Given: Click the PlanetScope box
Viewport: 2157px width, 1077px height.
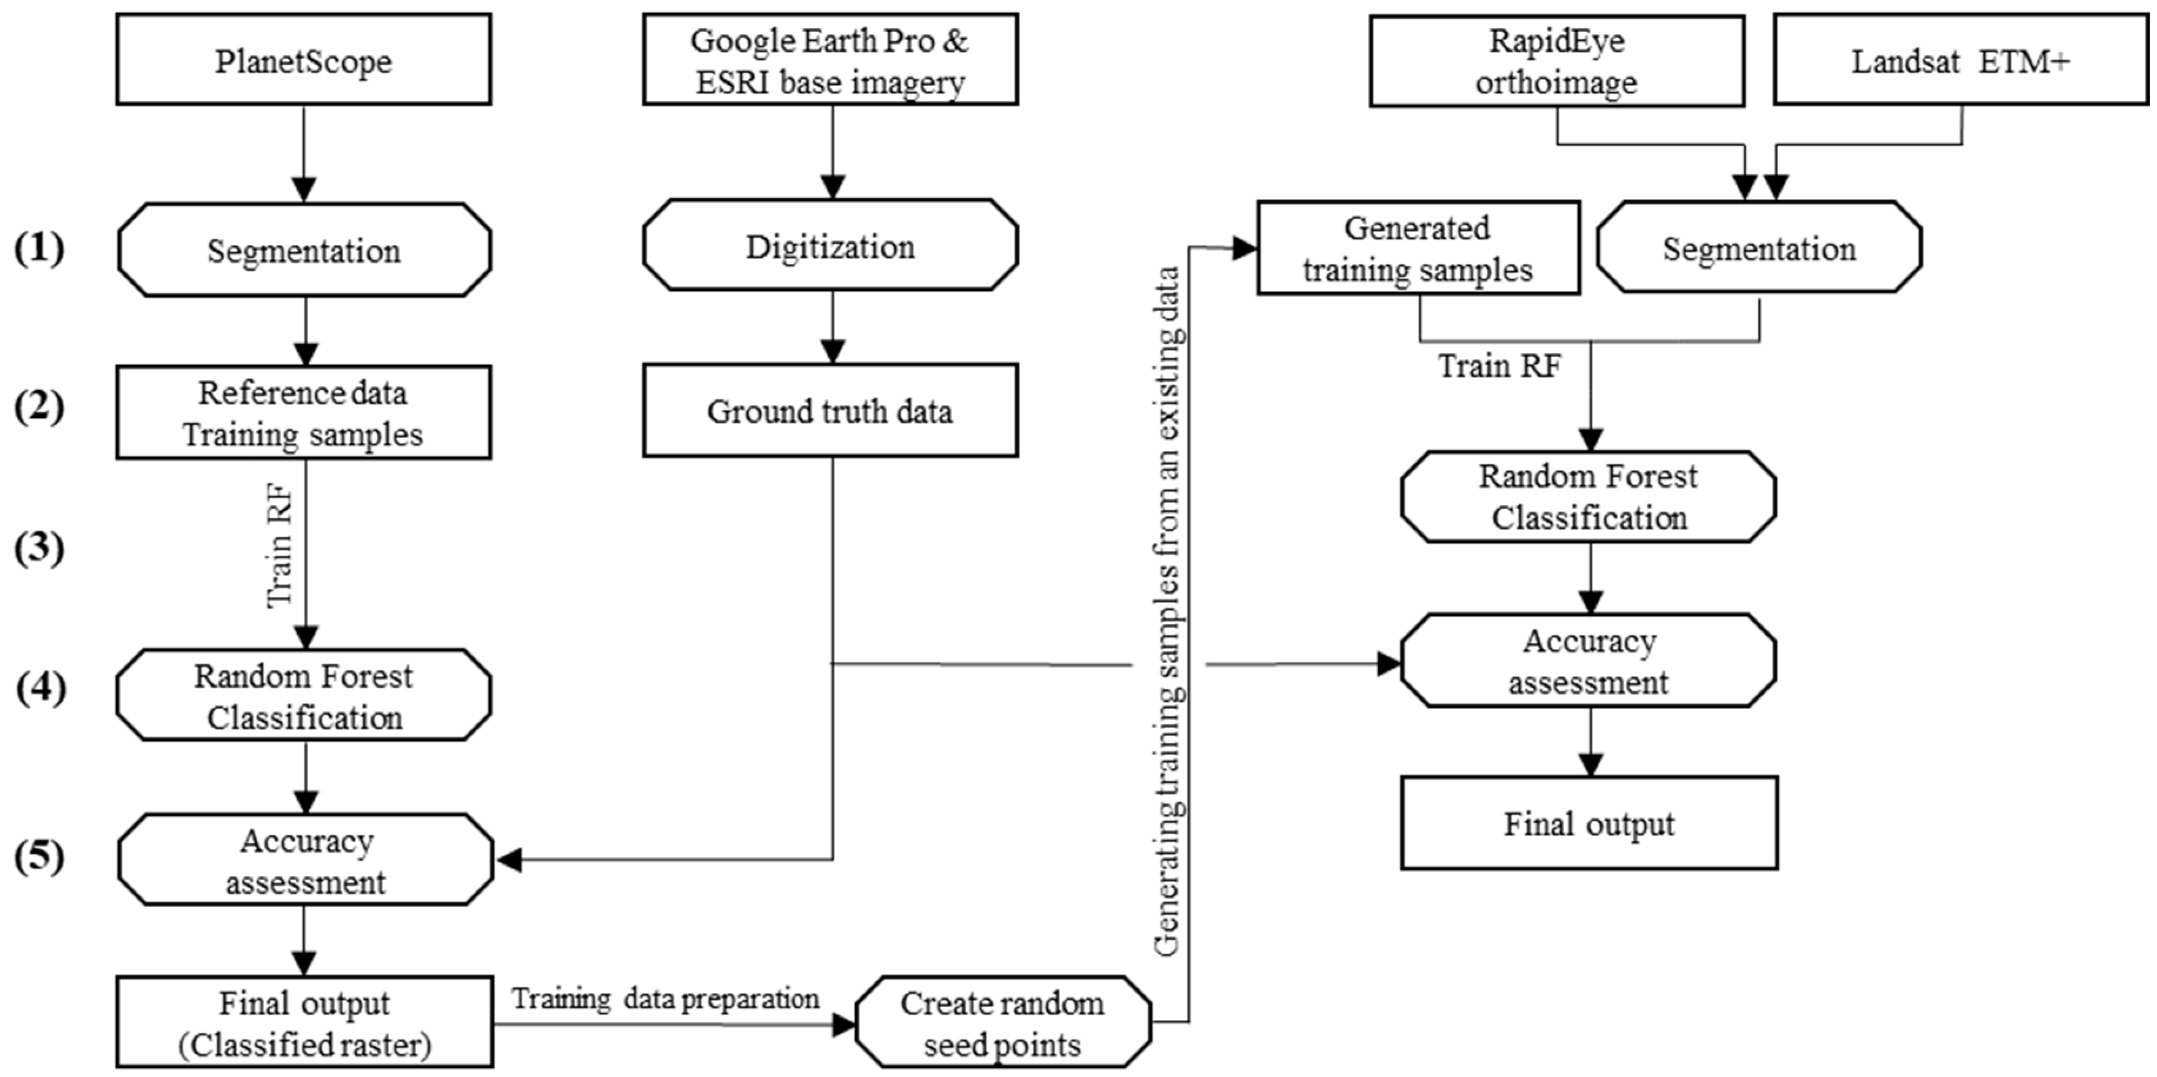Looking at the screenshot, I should (x=303, y=59).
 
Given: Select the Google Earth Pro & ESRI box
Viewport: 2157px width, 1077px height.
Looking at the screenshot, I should (x=830, y=59).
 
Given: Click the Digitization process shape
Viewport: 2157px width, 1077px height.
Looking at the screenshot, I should (x=830, y=246).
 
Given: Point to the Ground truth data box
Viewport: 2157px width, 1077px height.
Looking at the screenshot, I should (x=830, y=410).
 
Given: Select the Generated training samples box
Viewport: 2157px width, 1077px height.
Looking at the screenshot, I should (x=1418, y=248).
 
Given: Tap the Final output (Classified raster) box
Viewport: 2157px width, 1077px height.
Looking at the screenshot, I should (x=304, y=1023).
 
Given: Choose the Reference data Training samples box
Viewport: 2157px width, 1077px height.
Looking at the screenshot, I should (x=303, y=412).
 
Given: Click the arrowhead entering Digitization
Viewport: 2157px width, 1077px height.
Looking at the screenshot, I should (x=832, y=187).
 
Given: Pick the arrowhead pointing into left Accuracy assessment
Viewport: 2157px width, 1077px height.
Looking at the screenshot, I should (x=509, y=859).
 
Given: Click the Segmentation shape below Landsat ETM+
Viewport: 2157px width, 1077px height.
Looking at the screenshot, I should (x=1759, y=248).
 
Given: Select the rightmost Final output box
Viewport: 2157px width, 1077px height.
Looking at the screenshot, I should (x=1588, y=823).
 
